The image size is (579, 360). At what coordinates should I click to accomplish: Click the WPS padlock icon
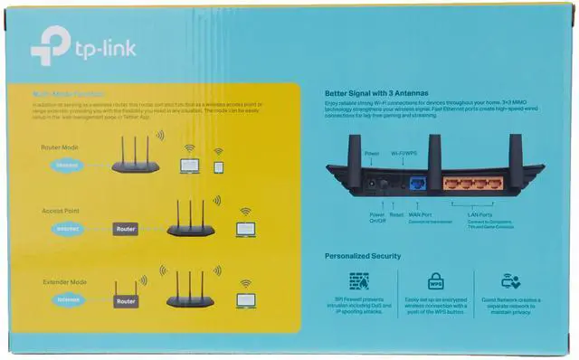pos(436,281)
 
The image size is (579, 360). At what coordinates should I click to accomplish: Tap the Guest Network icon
pos(511,281)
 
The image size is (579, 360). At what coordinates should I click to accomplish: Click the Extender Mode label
pos(65,283)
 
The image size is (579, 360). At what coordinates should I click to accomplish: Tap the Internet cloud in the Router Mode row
pos(65,166)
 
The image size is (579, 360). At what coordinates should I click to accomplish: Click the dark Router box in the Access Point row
pos(126,230)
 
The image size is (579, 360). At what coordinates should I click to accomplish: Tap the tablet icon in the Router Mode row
pos(218,166)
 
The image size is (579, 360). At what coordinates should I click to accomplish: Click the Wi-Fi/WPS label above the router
pos(404,155)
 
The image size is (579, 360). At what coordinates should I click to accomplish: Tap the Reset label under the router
pos(396,213)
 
